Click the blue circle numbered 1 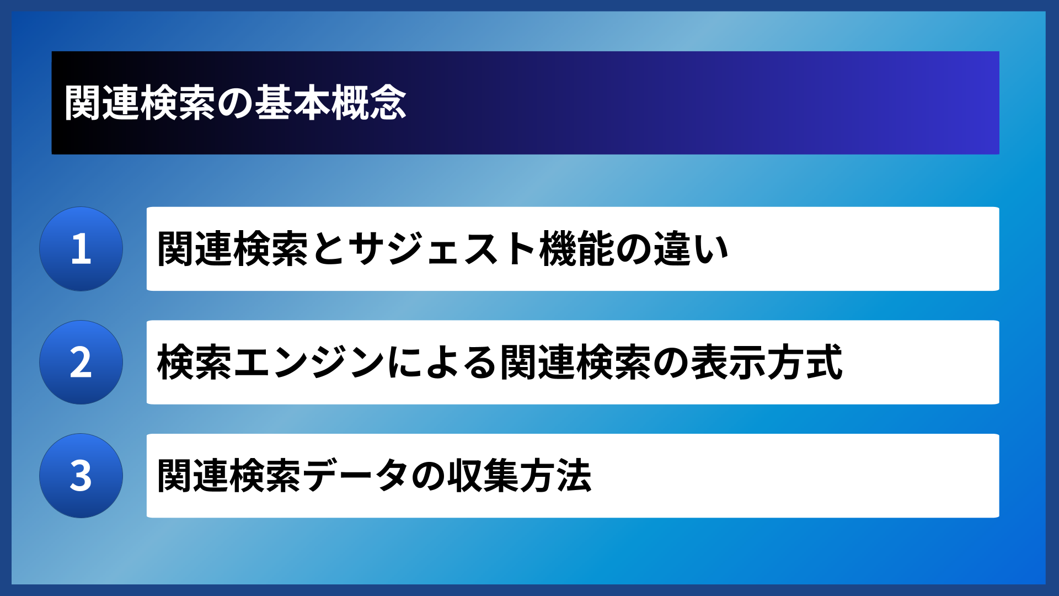[81, 249]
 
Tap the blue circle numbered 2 [81, 363]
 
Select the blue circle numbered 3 [81, 476]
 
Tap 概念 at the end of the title [368, 103]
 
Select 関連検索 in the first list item [233, 249]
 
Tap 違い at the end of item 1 [691, 249]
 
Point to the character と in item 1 [328, 249]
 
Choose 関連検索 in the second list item [576, 363]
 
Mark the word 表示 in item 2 [728, 363]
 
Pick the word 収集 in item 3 [481, 476]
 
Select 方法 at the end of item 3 [556, 476]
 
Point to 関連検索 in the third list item [229, 476]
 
